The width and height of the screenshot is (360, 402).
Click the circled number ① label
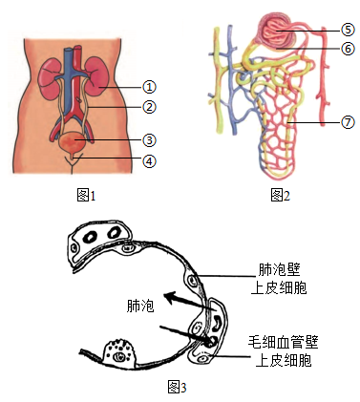[149, 87]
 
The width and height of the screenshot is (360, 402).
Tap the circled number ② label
[149, 107]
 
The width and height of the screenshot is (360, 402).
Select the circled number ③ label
[149, 140]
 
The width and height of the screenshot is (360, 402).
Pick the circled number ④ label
[149, 161]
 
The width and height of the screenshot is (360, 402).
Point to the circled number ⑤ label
[348, 30]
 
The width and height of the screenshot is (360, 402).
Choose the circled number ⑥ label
[348, 49]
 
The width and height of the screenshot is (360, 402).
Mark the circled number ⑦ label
[348, 122]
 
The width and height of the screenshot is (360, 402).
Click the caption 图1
[86, 195]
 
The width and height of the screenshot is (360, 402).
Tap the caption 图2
[281, 195]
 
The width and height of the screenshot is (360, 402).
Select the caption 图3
[177, 387]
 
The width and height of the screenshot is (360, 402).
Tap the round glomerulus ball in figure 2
[277, 32]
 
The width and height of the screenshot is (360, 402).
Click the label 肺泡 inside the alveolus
[140, 306]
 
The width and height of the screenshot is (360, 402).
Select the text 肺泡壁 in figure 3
[279, 270]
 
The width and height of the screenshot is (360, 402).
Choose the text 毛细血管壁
[284, 343]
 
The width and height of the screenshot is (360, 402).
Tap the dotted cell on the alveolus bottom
[119, 352]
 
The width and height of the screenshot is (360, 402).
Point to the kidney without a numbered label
[51, 77]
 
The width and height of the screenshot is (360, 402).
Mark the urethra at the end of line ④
[73, 157]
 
